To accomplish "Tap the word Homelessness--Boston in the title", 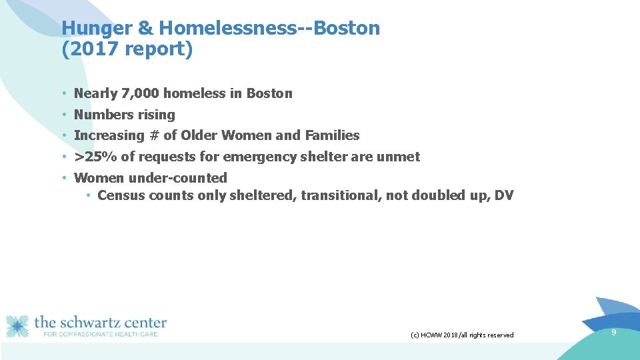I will (x=269, y=29).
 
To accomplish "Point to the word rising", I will (x=155, y=115).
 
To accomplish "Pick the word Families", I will (x=332, y=135).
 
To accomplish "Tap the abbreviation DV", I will (x=504, y=195).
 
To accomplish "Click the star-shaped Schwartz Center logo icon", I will (x=18, y=326).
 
